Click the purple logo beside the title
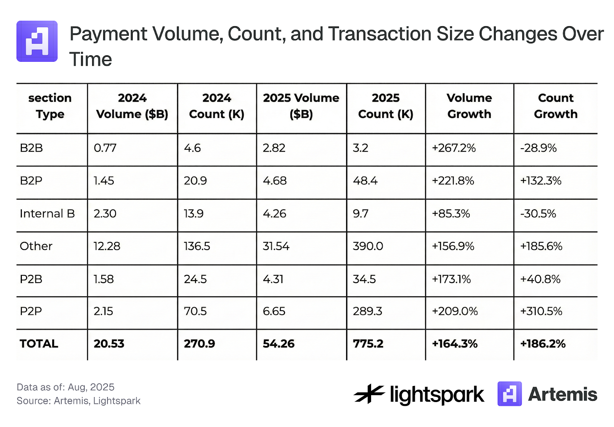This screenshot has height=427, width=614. point(37,41)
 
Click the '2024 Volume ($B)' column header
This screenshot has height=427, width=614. point(132,106)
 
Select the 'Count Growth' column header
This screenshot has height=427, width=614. point(555,106)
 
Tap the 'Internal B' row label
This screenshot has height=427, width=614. point(47,213)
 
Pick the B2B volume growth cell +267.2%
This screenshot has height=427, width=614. point(454,148)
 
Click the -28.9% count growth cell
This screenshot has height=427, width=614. point(538,148)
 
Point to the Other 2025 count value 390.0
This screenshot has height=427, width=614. point(368,246)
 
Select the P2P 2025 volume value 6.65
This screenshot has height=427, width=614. point(274,311)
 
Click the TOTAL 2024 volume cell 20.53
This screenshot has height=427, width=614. point(109,344)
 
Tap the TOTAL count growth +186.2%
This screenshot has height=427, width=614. point(543,344)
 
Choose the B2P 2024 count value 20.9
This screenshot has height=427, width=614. point(195,180)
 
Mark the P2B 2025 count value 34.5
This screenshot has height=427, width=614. point(364,279)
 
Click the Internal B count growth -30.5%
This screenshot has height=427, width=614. point(538,213)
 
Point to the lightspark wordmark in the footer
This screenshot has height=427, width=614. point(437,395)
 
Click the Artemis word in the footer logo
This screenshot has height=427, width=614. point(563,394)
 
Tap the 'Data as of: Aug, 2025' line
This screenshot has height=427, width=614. point(66,387)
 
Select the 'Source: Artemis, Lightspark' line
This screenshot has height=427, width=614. point(79,401)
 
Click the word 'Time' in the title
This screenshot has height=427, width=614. point(91,60)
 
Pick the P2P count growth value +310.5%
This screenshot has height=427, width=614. point(541,311)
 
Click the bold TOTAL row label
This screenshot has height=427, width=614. point(39,344)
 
